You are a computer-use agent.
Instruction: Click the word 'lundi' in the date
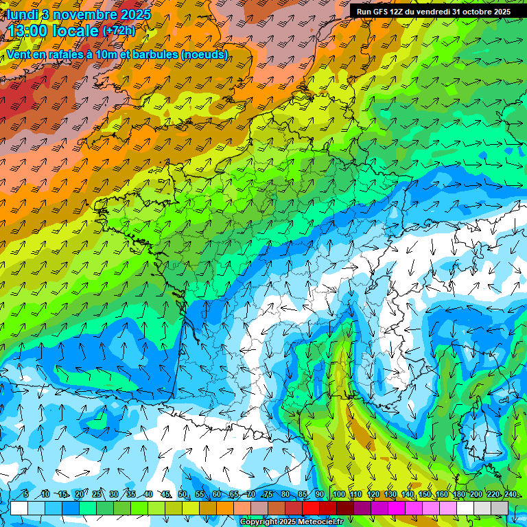[22, 14]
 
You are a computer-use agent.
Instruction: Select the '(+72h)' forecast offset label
[119, 31]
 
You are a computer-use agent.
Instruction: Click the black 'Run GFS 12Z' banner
[433, 12]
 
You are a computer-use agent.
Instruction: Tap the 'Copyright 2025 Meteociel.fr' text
[291, 522]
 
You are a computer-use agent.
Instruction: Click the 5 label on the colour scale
[25, 495]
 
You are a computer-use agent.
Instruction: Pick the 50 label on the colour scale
[182, 495]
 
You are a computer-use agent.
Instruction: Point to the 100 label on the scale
[338, 495]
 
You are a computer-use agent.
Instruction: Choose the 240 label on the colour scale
[511, 495]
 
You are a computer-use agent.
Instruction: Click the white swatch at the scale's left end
[19, 508]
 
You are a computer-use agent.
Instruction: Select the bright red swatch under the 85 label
[312, 508]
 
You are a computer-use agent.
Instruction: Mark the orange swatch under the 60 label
[225, 508]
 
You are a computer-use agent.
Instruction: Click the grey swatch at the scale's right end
[500, 508]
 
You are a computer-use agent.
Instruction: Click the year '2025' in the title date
[135, 14]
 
